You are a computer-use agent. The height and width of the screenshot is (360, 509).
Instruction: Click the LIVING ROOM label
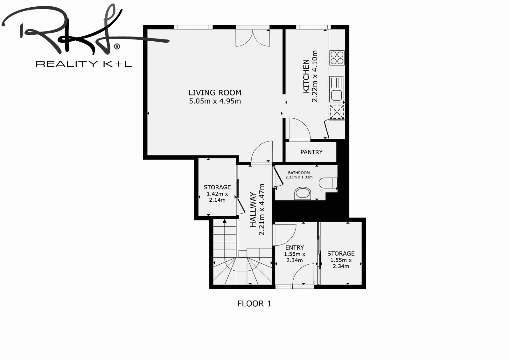[x=215, y=93]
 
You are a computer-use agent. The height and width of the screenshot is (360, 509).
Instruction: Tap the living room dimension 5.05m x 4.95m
[x=215, y=101]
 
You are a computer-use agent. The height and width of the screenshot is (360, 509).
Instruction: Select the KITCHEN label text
[x=306, y=76]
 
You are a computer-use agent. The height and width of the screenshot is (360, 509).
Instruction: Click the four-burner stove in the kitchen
[x=337, y=58]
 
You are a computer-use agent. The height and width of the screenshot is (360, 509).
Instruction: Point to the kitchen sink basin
[x=337, y=95]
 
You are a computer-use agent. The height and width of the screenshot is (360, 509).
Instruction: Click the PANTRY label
[x=311, y=152]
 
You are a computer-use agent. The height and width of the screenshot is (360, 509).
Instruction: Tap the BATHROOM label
[x=299, y=173]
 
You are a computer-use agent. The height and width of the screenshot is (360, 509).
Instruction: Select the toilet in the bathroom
[x=328, y=183]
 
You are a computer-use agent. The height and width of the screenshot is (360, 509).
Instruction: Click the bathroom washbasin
[x=303, y=193]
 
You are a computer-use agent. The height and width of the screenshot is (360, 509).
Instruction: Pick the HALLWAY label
[x=253, y=209]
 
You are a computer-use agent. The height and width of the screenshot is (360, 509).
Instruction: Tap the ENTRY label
[x=295, y=247]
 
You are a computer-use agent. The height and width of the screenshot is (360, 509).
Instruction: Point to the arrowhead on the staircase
[x=225, y=221]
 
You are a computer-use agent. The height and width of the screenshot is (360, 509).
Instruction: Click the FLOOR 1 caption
[x=254, y=304]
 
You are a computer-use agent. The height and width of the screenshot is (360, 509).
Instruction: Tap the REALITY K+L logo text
[x=84, y=64]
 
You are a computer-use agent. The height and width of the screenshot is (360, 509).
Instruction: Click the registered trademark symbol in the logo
[x=117, y=46]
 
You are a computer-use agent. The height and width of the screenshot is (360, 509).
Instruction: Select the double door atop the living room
[x=253, y=38]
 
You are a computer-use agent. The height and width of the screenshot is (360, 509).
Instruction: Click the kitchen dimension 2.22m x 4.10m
[x=315, y=76]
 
